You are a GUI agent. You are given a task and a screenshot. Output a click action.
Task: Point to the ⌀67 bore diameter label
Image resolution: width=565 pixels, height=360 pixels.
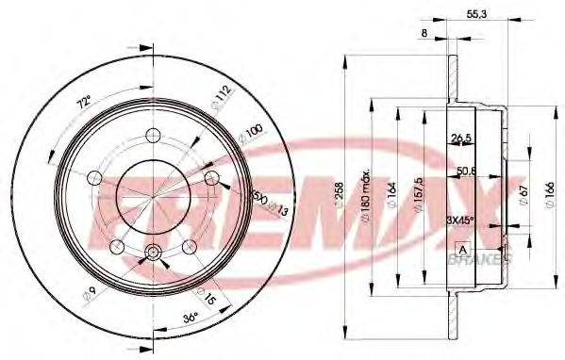coord(521,195)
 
